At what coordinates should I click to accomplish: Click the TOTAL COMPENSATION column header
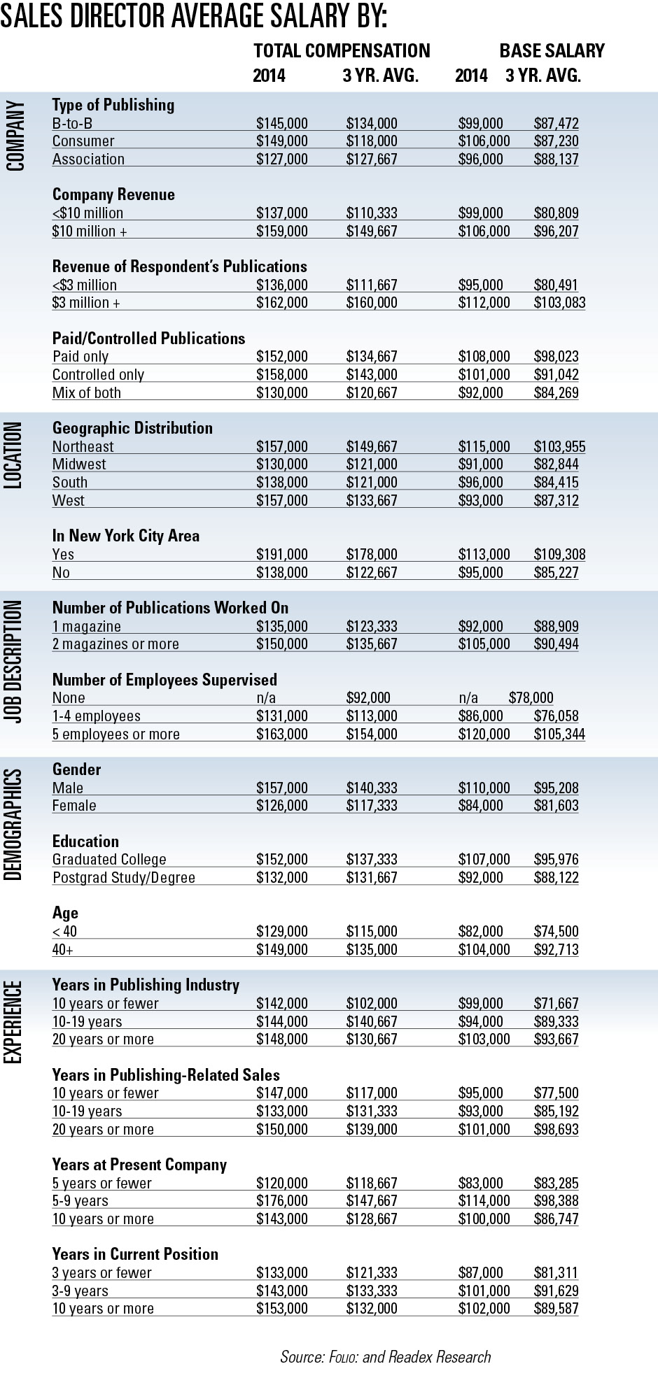(x=342, y=50)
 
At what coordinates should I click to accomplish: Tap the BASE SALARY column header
(x=552, y=50)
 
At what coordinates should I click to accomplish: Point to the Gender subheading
(x=77, y=769)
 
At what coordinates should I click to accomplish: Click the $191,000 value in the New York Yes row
(x=281, y=555)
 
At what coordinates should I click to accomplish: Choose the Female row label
(x=74, y=806)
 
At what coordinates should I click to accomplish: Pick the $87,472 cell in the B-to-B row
(x=556, y=124)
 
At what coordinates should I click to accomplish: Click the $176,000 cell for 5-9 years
(x=281, y=1201)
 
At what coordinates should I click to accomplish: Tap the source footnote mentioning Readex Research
(x=386, y=1357)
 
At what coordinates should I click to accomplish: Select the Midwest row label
(x=79, y=464)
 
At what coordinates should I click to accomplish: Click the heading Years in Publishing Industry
(x=146, y=985)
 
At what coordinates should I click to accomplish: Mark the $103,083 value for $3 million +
(x=559, y=303)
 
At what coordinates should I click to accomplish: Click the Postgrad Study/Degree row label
(x=124, y=878)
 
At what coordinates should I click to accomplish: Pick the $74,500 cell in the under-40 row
(x=556, y=932)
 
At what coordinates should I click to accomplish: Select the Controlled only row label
(x=98, y=375)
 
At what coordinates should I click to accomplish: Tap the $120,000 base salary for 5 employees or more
(x=484, y=734)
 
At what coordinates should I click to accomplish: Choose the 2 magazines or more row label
(x=115, y=644)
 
